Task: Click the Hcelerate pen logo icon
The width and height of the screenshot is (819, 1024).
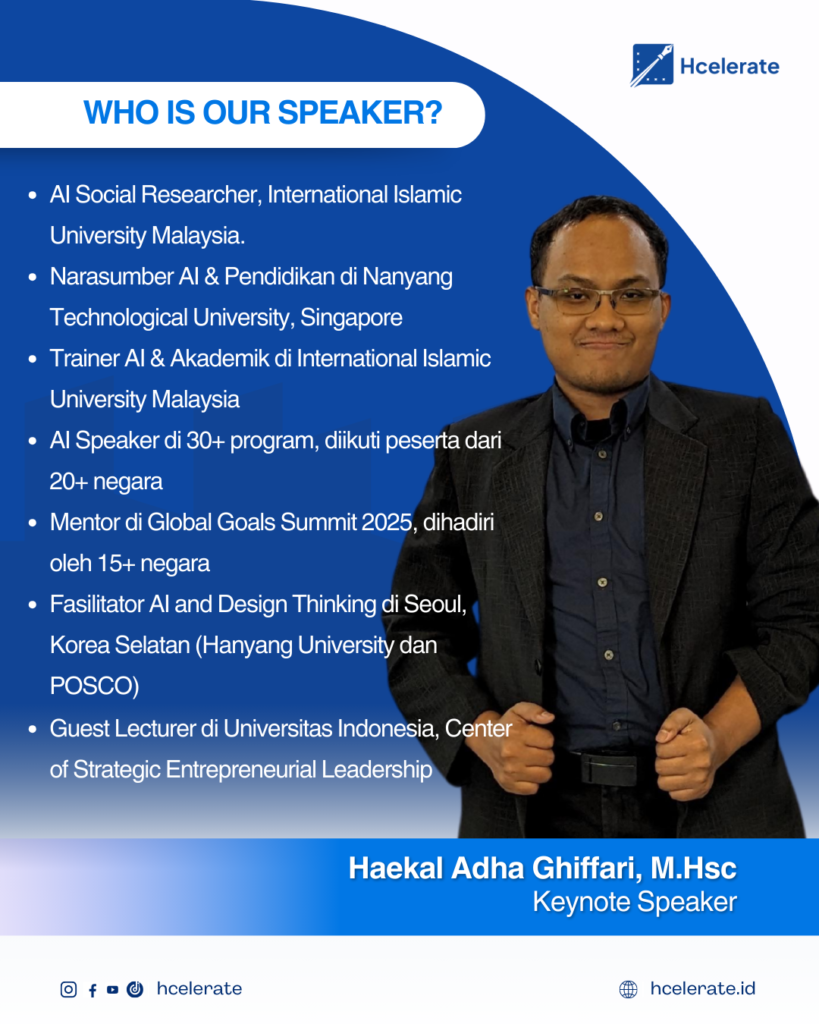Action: [652, 65]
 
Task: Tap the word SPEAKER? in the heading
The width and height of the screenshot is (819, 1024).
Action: [361, 113]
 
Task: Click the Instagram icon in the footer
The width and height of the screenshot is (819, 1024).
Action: [69, 989]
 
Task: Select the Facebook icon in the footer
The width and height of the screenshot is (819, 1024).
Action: [93, 990]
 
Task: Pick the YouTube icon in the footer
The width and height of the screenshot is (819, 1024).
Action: [112, 989]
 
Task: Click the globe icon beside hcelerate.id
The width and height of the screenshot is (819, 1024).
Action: [628, 989]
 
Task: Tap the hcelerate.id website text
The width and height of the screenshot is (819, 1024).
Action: [703, 989]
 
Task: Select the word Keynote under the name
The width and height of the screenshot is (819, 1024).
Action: [581, 903]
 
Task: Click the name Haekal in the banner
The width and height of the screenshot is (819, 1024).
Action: [396, 869]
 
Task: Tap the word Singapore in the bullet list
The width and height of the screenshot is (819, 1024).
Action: [351, 318]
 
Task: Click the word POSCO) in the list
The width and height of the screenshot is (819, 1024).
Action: [94, 686]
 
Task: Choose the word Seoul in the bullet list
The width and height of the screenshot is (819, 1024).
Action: [435, 605]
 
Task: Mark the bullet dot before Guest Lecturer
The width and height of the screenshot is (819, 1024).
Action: [33, 729]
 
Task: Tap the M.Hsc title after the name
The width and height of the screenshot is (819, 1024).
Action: [694, 869]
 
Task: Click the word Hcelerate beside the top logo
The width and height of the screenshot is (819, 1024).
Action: [730, 66]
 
